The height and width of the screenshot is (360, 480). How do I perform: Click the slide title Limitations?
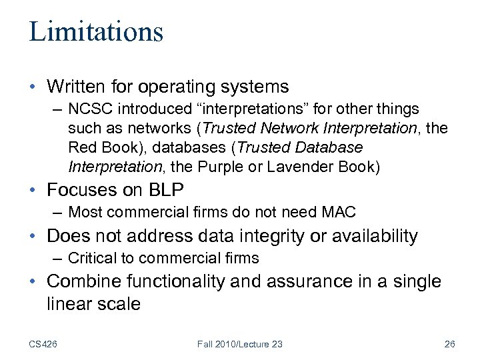tap(95, 31)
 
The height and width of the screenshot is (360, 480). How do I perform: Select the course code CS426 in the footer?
tap(43, 344)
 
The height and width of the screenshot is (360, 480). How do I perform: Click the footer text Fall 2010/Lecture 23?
tap(240, 344)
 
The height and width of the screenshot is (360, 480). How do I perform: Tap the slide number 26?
tap(449, 344)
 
